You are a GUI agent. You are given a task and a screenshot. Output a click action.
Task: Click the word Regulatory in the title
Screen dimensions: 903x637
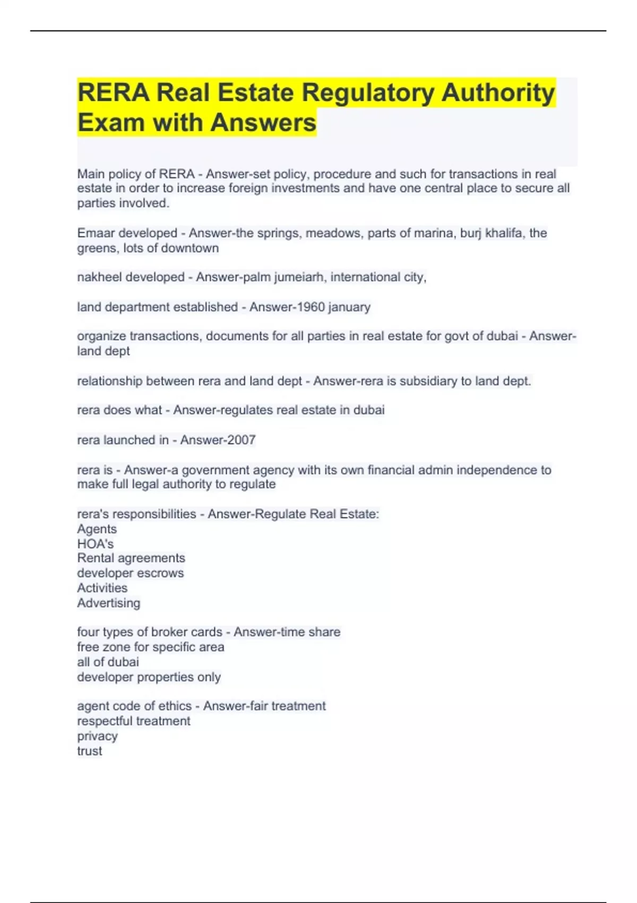tap(368, 93)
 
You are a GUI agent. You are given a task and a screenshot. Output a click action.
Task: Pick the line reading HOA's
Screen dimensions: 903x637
tap(96, 544)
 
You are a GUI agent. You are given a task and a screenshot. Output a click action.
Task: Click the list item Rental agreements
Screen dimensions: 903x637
tap(131, 558)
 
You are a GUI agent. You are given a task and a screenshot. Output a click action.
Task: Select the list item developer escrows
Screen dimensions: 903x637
tap(131, 573)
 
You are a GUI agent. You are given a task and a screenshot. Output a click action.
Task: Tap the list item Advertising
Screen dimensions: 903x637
tap(109, 603)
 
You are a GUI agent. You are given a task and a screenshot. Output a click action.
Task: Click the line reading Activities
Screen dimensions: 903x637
tap(102, 588)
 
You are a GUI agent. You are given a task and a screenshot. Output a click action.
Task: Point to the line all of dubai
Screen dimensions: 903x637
tap(108, 662)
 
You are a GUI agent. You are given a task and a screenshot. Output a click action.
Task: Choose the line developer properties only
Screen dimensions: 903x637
tap(149, 677)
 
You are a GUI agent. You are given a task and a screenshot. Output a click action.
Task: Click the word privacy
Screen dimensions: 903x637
tap(97, 736)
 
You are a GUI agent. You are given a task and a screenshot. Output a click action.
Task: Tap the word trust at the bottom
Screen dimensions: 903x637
tap(90, 751)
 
